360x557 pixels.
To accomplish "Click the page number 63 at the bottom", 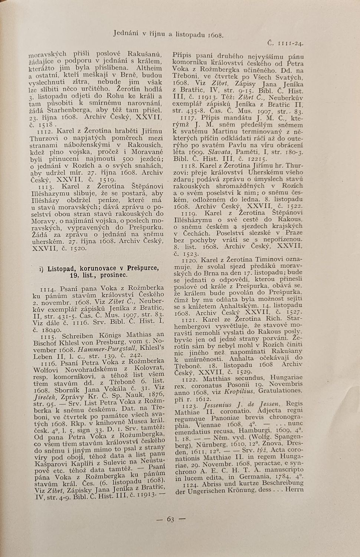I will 170,519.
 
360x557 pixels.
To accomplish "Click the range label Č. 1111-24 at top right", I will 286,43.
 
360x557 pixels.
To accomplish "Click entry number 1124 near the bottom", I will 189,483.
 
